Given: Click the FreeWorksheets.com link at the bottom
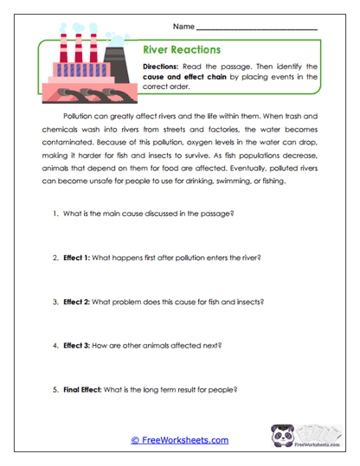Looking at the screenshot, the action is pyautogui.click(x=180, y=440).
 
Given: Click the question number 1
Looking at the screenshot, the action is pyautogui.click(x=55, y=213).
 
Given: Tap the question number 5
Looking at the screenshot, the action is pyautogui.click(x=55, y=390).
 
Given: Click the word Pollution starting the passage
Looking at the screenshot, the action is pyautogui.click(x=79, y=114).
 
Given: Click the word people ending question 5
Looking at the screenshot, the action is pyautogui.click(x=222, y=390).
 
